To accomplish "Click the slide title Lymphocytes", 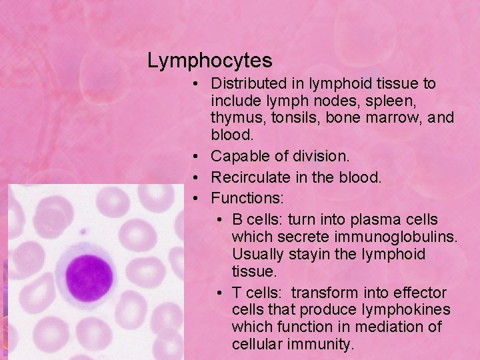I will coord(209,61).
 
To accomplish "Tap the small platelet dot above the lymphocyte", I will coord(83,233).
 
